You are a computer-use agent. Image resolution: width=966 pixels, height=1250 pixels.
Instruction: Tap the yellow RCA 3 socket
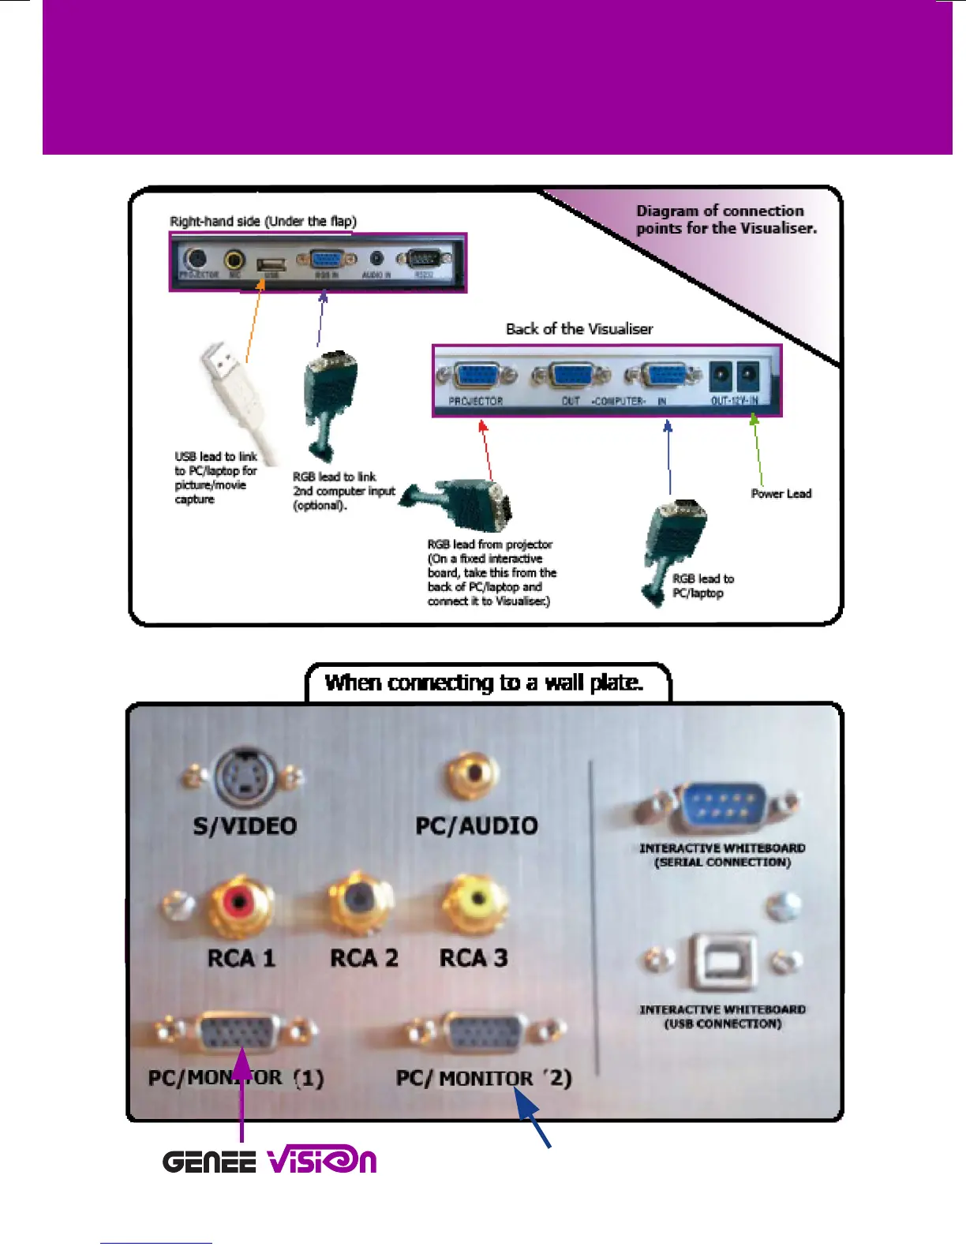coord(474,901)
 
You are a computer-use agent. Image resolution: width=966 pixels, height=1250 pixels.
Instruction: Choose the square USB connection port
coord(722,961)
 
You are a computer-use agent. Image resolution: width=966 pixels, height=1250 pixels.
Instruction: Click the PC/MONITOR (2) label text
coord(483,1078)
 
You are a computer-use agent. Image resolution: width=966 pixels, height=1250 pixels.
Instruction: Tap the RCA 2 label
coord(364,958)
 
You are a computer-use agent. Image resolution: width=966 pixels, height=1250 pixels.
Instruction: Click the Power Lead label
coord(781,494)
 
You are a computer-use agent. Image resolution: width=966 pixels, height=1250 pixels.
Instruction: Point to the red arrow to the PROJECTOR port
coord(488,450)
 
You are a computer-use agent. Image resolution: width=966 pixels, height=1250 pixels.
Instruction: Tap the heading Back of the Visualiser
coord(579,329)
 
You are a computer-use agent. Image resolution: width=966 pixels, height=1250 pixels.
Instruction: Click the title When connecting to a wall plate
coord(484,683)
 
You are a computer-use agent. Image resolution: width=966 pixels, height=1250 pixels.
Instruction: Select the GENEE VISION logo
coord(269,1162)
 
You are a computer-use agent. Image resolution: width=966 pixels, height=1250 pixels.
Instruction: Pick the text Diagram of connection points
coord(726,219)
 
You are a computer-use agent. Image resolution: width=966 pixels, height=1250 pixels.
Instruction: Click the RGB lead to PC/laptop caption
coord(702,586)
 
